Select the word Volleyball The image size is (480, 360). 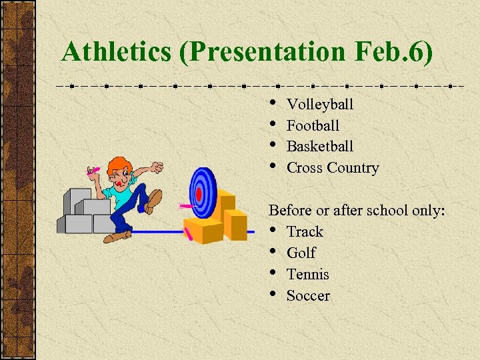[x=320, y=104]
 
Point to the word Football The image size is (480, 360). [x=313, y=125]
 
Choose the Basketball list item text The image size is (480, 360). [x=320, y=146]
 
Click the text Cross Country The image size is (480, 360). [x=333, y=168]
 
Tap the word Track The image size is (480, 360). [x=305, y=231]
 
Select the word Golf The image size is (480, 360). [x=301, y=253]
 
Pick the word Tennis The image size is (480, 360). [x=307, y=274]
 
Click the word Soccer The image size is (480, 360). [x=308, y=295]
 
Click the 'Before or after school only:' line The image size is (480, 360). [x=357, y=211]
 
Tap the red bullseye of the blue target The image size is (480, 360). [x=199, y=194]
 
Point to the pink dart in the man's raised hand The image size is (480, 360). [x=93, y=171]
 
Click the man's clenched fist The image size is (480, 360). [x=157, y=167]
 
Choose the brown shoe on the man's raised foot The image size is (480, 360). [x=154, y=199]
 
